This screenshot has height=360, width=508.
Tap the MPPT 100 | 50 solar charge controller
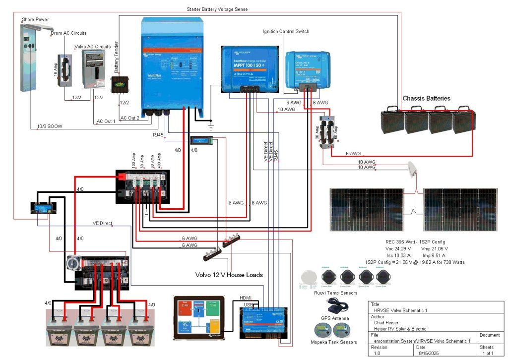coord(249,68)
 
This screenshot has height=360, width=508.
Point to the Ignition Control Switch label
coord(286,32)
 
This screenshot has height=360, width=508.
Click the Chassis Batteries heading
coord(426,98)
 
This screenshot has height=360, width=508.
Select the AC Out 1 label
coord(106,121)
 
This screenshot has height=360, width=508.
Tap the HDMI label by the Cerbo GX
coord(246,298)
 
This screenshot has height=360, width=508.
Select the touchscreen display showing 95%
coord(203,317)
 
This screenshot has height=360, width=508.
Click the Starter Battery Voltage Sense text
coord(217,9)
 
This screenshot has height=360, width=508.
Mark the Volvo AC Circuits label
coord(92,47)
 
